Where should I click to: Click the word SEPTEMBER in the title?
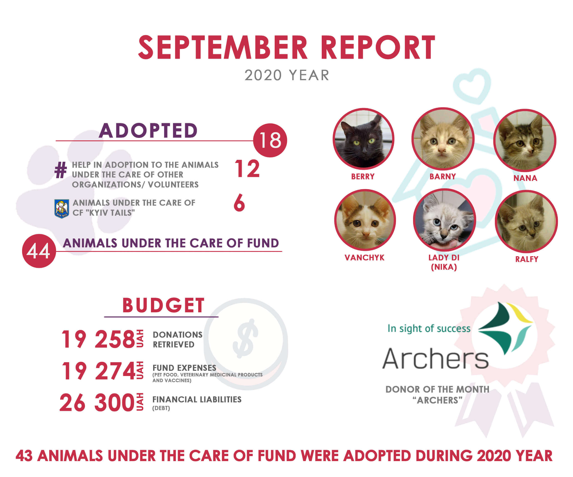[x=223, y=47]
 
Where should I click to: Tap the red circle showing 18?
[x=270, y=140]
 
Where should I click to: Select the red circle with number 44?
[x=39, y=251]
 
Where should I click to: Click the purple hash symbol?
[x=61, y=170]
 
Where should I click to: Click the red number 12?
[x=247, y=169]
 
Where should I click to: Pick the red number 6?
[x=239, y=203]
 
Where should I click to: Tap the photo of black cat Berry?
[x=363, y=139]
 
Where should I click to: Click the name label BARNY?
[x=443, y=176]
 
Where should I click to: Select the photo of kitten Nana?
[x=525, y=140]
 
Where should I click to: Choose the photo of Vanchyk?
[x=365, y=220]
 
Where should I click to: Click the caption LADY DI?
[x=444, y=257]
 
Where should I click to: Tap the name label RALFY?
[x=527, y=259]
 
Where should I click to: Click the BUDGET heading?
[x=163, y=305]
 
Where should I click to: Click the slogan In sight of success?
[x=429, y=328]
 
